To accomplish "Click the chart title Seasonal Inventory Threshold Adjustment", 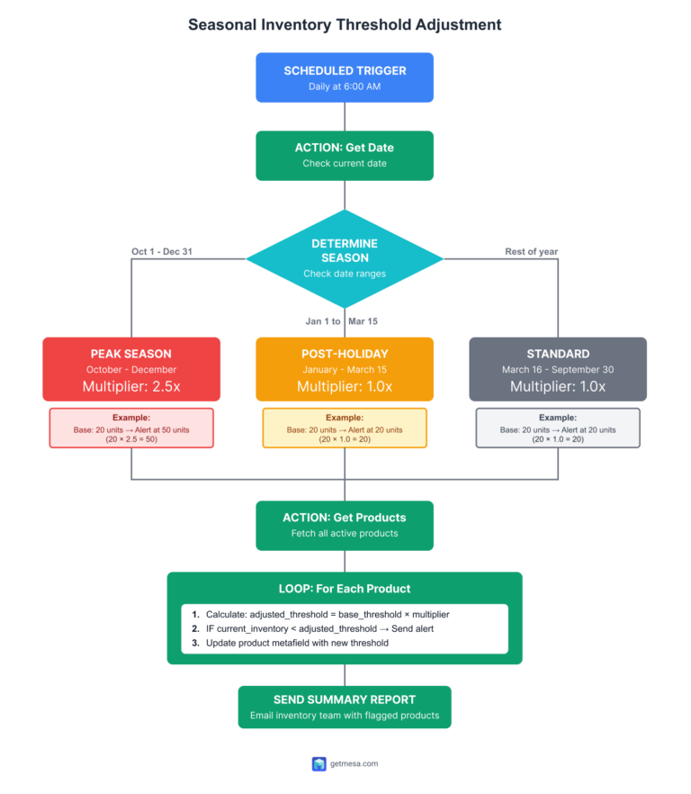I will (x=345, y=24).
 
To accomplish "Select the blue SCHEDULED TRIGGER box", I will (x=345, y=77).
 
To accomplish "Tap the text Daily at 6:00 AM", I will (x=345, y=86).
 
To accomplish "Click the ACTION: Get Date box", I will (x=345, y=156).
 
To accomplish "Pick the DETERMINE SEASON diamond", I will (x=345, y=257).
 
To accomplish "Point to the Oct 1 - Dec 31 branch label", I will (x=162, y=251).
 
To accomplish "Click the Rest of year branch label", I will (x=532, y=251).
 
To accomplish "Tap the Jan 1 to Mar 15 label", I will (x=341, y=320).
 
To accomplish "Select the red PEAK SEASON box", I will (x=131, y=369).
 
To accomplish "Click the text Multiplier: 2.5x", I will (x=131, y=387).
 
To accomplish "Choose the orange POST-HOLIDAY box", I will (x=345, y=369).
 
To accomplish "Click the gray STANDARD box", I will (x=558, y=369).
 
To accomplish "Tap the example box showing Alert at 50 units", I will (x=131, y=429).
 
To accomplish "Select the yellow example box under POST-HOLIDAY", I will (x=345, y=429).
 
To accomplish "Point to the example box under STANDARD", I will (x=558, y=429).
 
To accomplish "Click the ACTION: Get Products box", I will (x=345, y=525).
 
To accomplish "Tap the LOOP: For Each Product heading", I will (x=345, y=589).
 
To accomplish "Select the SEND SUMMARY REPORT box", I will (x=345, y=708).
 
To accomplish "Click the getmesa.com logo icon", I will (x=319, y=763).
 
